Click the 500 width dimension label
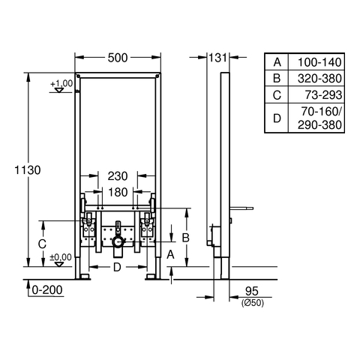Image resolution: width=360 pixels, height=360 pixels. point(118,58)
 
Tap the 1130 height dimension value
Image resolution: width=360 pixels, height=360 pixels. point(28,170)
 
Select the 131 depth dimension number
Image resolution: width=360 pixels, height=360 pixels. point(217,58)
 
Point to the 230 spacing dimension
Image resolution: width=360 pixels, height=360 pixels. point(118,176)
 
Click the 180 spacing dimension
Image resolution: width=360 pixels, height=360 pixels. point(118,192)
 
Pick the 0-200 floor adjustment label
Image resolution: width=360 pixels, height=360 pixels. point(47,290)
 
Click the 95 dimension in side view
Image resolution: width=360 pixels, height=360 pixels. point(252,291)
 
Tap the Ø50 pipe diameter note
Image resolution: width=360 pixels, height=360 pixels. point(253,303)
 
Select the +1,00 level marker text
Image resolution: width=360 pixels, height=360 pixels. point(61,83)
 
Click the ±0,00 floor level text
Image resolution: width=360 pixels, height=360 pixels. point(61,257)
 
